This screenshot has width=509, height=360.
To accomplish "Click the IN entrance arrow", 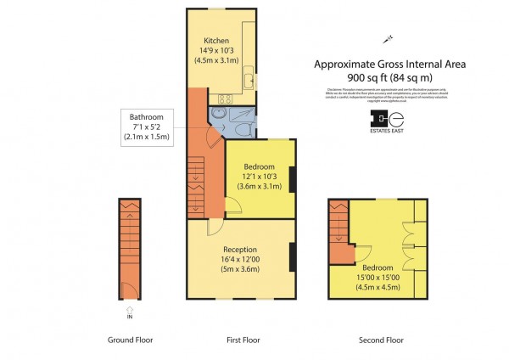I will pyautogui.click(x=130, y=311).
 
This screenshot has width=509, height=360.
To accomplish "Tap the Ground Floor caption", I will pyautogui.click(x=130, y=340).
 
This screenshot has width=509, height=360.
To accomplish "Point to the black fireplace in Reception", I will pyautogui.click(x=293, y=257).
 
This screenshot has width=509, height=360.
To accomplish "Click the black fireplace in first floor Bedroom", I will pyautogui.click(x=293, y=179).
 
